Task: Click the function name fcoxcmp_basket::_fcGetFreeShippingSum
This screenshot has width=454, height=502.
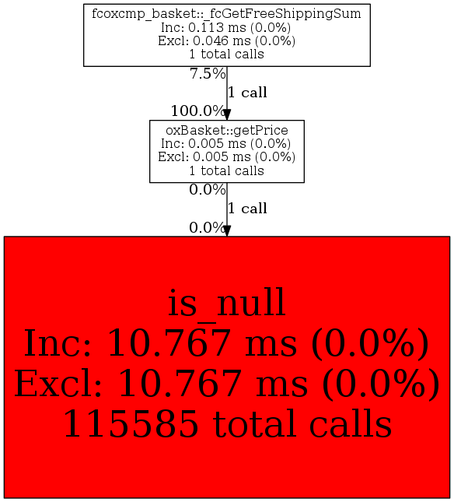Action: tap(227, 14)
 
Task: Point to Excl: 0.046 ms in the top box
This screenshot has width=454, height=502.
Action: tap(202, 41)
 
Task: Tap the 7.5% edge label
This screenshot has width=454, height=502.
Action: tap(208, 74)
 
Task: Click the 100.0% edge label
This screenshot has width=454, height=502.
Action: tap(198, 111)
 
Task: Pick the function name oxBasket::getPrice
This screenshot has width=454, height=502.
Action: tap(227, 130)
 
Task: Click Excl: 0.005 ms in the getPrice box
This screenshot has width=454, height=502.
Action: tap(202, 157)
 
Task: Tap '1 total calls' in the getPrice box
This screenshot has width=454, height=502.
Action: tap(227, 170)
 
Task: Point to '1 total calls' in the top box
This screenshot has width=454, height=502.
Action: tap(227, 54)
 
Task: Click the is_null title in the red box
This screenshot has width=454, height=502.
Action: tap(226, 304)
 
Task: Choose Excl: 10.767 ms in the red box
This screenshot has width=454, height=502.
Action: tap(161, 384)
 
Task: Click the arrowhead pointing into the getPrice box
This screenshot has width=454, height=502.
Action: tap(227, 114)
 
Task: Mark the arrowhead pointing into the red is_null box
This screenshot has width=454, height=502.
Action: tap(227, 231)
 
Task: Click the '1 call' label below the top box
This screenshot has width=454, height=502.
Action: tap(247, 93)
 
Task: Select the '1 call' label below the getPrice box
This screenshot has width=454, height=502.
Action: tap(247, 209)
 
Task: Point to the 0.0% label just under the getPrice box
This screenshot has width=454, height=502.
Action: tap(208, 190)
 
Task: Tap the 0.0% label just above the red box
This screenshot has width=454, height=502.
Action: tap(208, 227)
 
